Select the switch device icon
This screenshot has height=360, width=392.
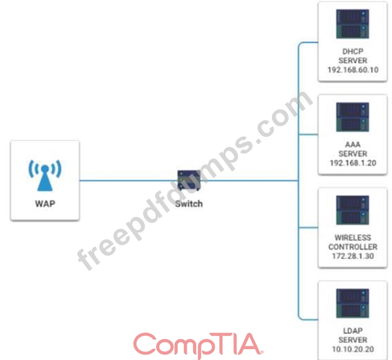tap(188, 181)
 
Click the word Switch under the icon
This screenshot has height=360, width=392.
tap(188, 203)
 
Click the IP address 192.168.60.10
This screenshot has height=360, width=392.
tap(352, 70)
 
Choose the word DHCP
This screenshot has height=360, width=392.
tap(352, 52)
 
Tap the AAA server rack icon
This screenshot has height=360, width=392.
tap(352, 117)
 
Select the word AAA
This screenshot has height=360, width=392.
tap(352, 145)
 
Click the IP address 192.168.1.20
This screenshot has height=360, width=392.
tap(352, 163)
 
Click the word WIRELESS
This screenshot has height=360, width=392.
tap(352, 238)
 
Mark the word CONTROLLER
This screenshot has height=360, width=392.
tap(352, 247)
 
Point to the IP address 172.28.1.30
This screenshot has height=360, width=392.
tap(352, 257)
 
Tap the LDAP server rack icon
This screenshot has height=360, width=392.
tap(352, 303)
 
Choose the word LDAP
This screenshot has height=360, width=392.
tap(352, 331)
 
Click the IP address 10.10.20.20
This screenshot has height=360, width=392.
tap(352, 350)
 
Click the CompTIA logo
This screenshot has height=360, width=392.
tap(198, 344)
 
